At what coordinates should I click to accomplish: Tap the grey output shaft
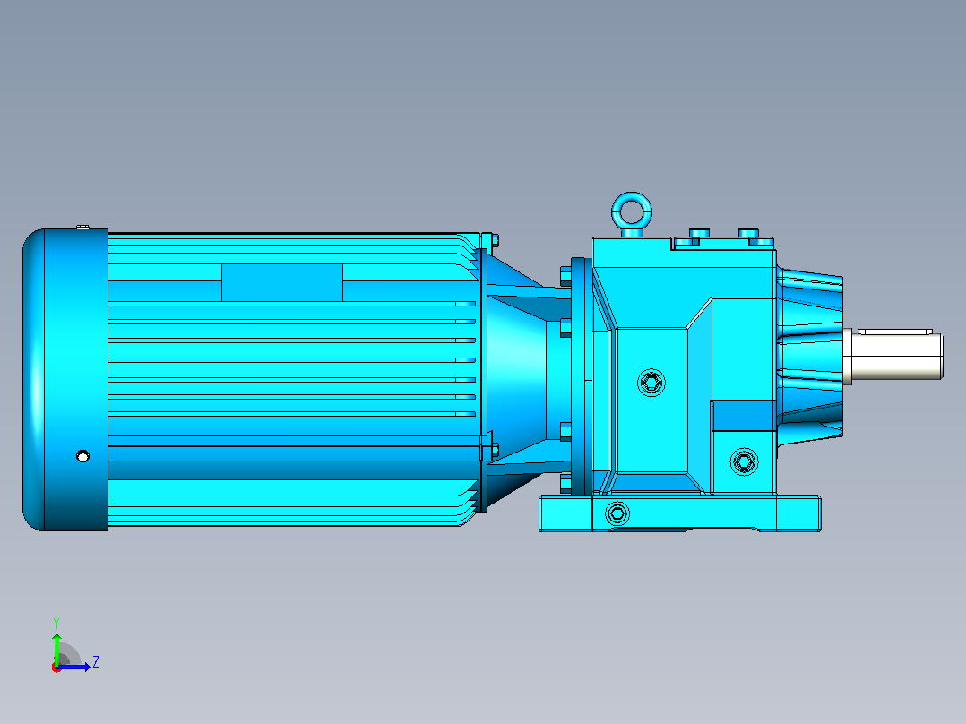point(894,356)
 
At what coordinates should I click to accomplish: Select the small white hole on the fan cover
point(82,456)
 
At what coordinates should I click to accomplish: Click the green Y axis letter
point(56,623)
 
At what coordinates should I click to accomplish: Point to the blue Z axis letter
point(96,662)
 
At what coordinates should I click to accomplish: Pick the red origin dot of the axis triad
point(56,668)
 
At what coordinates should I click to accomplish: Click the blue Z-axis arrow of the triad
point(73,667)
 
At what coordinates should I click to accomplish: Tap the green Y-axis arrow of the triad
point(56,650)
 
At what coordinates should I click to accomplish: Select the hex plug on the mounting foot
point(617,513)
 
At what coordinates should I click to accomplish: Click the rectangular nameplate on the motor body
point(282,283)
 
